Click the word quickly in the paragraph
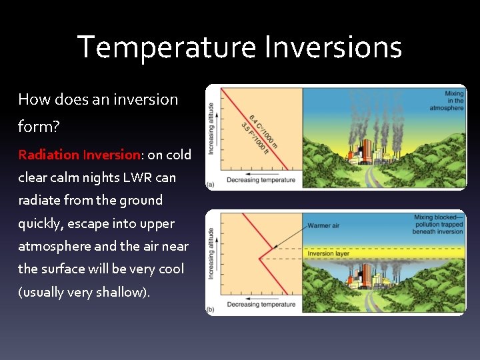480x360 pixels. pos(41,223)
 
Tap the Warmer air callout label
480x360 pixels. pos(323,226)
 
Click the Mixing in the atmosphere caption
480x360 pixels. pos(453,101)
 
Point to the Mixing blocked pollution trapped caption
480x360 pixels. pos(439,225)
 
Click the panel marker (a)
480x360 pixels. pos(211,184)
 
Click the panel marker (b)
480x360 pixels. pos(211,309)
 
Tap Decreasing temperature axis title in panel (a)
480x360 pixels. pos(261,180)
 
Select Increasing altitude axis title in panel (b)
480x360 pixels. pos(211,253)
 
